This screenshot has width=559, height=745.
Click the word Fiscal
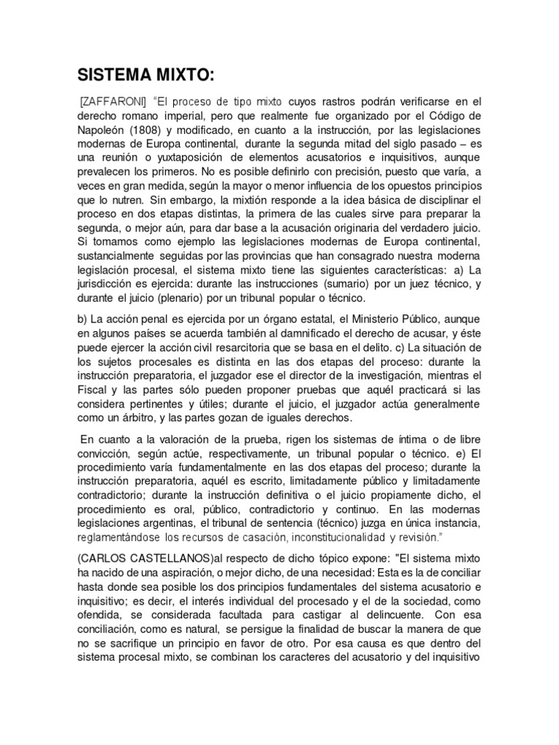(x=92, y=389)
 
